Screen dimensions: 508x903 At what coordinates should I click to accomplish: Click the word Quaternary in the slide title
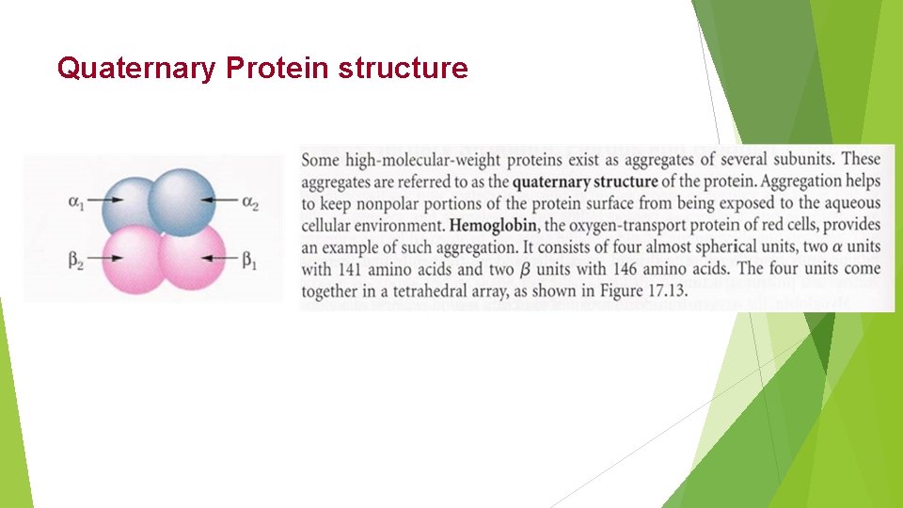(136, 69)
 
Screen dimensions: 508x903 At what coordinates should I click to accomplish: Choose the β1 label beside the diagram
(251, 259)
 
